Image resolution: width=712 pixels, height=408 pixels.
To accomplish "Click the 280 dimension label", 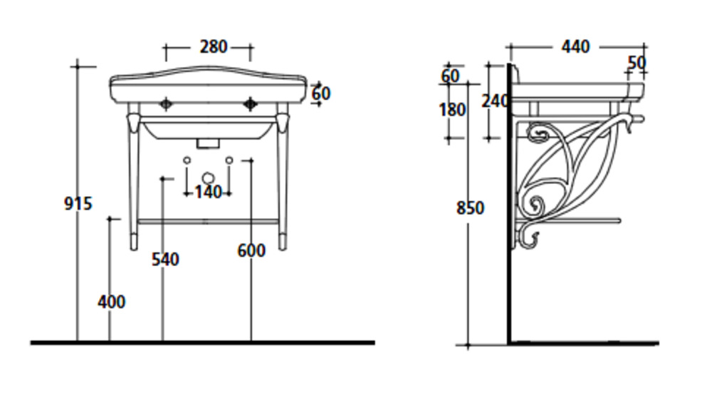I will pos(214,47).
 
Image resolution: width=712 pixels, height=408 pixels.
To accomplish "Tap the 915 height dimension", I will pos(78,204).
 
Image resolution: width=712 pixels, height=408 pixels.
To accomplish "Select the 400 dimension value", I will pos(112,302).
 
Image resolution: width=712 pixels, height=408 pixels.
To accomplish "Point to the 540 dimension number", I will pos(165,260).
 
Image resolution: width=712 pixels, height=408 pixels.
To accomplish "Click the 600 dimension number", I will pos(251,250).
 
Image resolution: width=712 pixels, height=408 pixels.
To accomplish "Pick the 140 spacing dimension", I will pos(208,193).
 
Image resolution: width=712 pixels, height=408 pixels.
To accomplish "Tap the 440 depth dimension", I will pos(575,47).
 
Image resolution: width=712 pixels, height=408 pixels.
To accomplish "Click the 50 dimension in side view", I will pos(637,63).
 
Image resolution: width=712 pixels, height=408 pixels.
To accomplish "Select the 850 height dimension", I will pos(471,208).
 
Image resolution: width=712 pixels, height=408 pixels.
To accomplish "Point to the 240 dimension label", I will pos(495,101).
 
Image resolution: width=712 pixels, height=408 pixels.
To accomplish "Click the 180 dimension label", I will pos(452,110).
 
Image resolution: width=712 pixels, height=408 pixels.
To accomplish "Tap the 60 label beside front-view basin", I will pos(321,93).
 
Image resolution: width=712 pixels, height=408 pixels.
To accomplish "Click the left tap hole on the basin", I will pos(166,104).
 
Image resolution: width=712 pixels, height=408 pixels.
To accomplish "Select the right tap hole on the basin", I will pos(250,104).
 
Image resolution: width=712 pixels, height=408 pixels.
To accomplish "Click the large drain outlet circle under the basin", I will pos(208,178).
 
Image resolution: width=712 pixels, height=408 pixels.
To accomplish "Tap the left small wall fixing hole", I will pos(187,160).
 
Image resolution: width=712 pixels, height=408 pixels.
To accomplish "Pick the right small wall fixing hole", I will pos(229,160).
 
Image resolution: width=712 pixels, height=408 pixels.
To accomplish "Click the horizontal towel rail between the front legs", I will pos(208,222).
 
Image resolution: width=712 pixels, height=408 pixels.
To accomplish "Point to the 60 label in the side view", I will pos(451,76).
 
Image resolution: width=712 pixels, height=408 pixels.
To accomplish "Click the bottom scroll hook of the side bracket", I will pos(528,240).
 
